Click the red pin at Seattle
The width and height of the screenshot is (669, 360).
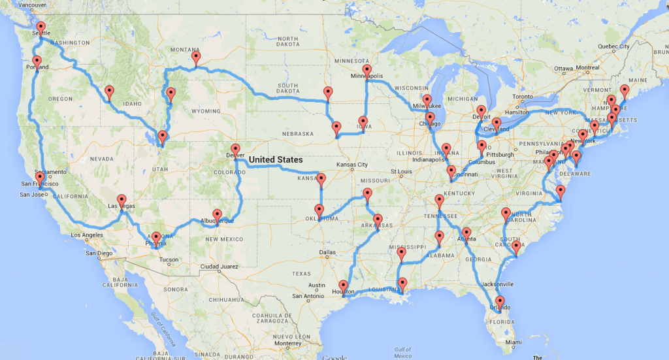pyautogui.click(x=41, y=27)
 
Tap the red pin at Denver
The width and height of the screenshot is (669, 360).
pyautogui.click(x=235, y=150)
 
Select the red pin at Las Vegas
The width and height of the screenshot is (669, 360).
pyautogui.click(x=122, y=200)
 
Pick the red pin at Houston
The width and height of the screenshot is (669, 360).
pyautogui.click(x=344, y=286)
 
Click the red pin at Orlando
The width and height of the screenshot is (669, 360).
pyautogui.click(x=500, y=303)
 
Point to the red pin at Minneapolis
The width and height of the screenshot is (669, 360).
pyautogui.click(x=367, y=70)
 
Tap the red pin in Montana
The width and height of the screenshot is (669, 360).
pyautogui.click(x=195, y=57)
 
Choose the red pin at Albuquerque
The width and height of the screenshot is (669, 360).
pyautogui.click(x=217, y=214)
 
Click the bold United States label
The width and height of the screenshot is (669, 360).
pyautogui.click(x=276, y=159)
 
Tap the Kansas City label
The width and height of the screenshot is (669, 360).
pyautogui.click(x=353, y=164)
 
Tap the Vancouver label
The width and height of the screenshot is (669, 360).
pyautogui.click(x=30, y=5)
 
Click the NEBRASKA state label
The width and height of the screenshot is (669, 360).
pyautogui.click(x=299, y=133)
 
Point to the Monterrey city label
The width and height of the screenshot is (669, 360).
pyautogui.click(x=289, y=342)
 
